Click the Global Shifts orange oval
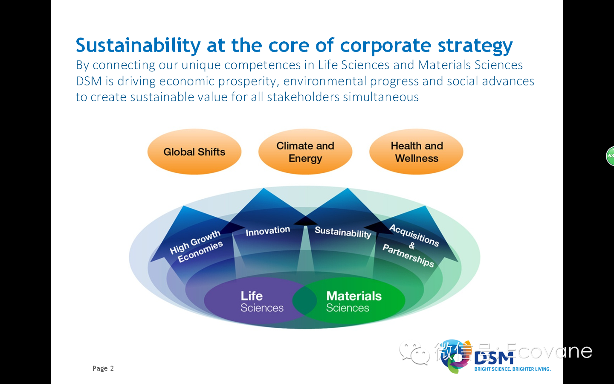[194, 152]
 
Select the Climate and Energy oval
[305, 152]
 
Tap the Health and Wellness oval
[416, 152]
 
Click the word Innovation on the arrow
[268, 231]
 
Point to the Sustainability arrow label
[343, 232]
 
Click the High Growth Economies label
[196, 246]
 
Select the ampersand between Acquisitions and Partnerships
[412, 245]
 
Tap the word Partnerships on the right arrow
[408, 256]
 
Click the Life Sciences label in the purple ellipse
[262, 301]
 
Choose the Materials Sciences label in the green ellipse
[353, 301]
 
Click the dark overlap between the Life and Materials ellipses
[304, 301]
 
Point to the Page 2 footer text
[103, 368]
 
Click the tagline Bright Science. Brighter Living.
[513, 369]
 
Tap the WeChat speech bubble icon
[414, 353]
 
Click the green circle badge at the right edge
[610, 156]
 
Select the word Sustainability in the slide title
[138, 45]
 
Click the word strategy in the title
[475, 46]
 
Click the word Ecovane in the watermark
[549, 351]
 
